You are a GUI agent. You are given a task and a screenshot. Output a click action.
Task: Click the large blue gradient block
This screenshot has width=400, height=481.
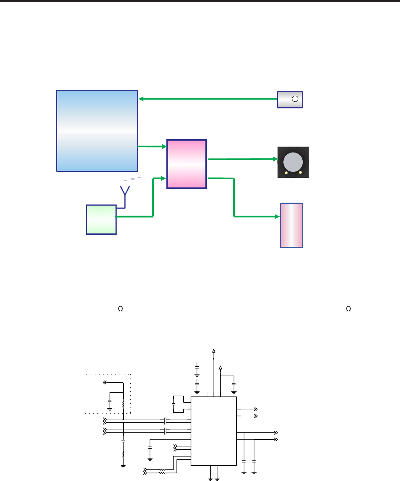pos(97,131)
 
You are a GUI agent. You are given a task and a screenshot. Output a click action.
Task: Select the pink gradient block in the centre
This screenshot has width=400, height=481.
pos(186,164)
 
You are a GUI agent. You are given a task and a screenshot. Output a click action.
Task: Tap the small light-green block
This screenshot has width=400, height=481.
pos(101,220)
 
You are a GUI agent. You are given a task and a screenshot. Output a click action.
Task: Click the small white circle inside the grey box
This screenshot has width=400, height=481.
pos(295,99)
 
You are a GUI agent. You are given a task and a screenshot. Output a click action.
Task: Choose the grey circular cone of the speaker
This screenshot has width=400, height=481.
pos(293,162)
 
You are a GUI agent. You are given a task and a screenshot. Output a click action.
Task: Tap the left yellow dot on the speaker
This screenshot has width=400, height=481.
pos(286,173)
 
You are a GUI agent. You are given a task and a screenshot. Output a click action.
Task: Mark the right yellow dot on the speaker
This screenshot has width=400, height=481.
pos(300,172)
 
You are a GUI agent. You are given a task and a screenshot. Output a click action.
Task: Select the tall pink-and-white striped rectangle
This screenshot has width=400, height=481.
pos(291,225)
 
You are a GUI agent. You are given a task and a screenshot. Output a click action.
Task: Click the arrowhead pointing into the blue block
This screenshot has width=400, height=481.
pos(141,99)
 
